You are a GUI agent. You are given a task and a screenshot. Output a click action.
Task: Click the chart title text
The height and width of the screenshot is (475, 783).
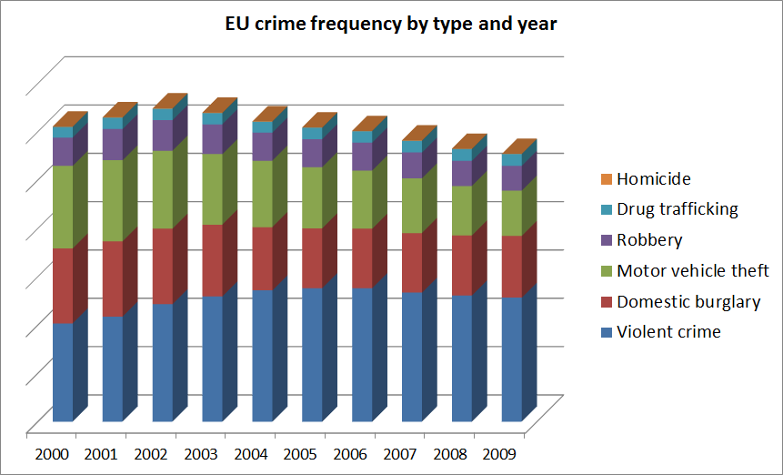point(391,25)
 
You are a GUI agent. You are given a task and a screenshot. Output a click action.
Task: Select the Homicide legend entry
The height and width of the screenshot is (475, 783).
point(654,179)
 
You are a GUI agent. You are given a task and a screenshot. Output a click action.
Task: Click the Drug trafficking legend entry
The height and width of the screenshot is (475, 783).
point(677,209)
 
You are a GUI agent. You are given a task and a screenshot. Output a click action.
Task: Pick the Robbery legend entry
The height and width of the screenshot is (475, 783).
point(649,240)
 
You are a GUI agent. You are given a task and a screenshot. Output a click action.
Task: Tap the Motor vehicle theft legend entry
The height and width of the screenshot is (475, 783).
point(692,270)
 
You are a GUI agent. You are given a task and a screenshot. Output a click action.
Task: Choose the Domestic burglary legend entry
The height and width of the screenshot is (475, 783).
point(688,301)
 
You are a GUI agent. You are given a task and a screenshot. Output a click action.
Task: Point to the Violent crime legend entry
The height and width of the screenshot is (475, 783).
point(668,332)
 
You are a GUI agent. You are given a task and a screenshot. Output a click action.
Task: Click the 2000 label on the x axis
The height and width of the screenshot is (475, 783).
point(52,451)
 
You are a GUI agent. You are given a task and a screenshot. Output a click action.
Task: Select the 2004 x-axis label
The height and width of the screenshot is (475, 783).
point(252,451)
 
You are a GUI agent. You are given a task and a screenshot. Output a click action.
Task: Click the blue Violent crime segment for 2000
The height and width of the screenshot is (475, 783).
point(63,372)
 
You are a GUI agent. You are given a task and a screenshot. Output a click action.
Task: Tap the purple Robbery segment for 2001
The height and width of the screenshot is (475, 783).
point(113,144)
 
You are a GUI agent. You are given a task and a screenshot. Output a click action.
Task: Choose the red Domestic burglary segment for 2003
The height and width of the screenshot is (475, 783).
point(213,259)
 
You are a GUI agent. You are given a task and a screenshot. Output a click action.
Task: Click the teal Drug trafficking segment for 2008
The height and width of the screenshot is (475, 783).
point(462,155)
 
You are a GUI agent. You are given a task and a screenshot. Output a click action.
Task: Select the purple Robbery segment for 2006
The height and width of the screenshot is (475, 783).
point(363,157)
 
